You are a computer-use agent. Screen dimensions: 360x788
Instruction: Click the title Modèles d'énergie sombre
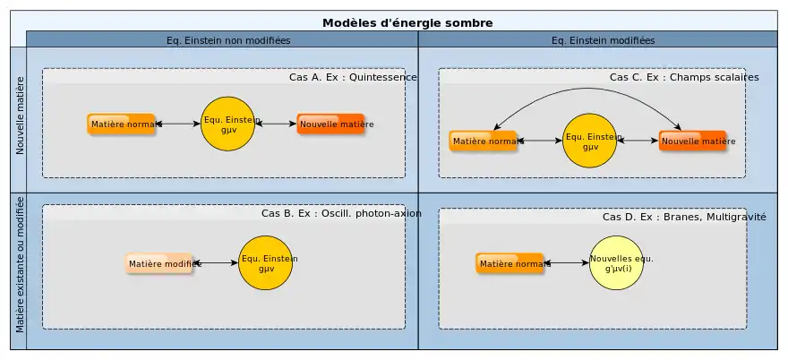[x=407, y=22]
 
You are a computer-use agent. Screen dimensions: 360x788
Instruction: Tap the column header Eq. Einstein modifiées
[x=603, y=40]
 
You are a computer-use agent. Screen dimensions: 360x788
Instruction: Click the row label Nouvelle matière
[x=21, y=120]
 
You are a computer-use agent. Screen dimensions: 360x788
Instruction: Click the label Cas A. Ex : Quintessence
[x=353, y=78]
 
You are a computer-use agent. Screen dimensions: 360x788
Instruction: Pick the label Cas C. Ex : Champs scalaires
[x=684, y=78]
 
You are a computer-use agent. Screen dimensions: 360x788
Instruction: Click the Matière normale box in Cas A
[x=122, y=124]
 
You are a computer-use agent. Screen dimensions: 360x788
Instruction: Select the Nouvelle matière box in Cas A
[x=331, y=124]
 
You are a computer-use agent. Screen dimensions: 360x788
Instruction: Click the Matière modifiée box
[x=159, y=263]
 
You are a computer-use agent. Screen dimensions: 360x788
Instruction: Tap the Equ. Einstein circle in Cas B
[x=266, y=263]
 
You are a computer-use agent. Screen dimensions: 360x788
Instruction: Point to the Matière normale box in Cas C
[x=484, y=141]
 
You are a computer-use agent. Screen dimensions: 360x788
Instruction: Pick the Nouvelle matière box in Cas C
[x=693, y=141]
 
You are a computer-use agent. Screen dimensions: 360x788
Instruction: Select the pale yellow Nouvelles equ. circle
[x=617, y=263]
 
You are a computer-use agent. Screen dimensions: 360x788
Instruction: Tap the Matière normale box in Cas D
[x=510, y=263]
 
